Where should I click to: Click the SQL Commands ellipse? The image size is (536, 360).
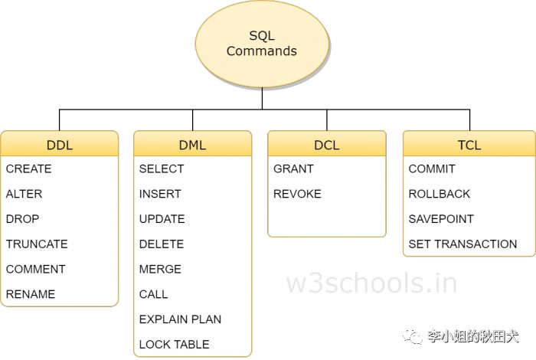pos(261,44)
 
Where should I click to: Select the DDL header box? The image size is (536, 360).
pos(60,144)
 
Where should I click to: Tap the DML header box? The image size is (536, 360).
pos(192,144)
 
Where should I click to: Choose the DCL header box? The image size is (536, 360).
pos(326,144)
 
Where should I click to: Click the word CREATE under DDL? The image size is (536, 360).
pos(29,169)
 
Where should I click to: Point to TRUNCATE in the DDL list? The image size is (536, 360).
pos(37,244)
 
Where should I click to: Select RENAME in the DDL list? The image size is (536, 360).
pos(31,294)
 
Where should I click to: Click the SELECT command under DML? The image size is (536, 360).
pos(162,169)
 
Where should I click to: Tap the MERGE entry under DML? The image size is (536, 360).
pos(160,269)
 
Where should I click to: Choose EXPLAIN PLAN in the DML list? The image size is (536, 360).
pos(180,319)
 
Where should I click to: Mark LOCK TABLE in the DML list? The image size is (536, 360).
pos(174,345)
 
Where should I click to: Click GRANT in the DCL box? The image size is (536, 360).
pos(293,169)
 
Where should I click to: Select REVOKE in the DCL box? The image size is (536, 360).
pos(297,194)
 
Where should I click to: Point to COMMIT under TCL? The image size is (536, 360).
pos(432,169)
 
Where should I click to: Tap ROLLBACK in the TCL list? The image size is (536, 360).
pos(440,194)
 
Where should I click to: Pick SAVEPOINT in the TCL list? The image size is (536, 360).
pos(441,219)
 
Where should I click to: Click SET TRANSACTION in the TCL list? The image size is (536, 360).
pos(462,244)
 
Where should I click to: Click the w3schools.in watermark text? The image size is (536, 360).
pos(372,283)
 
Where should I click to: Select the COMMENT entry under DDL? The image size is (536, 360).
pos(36,269)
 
